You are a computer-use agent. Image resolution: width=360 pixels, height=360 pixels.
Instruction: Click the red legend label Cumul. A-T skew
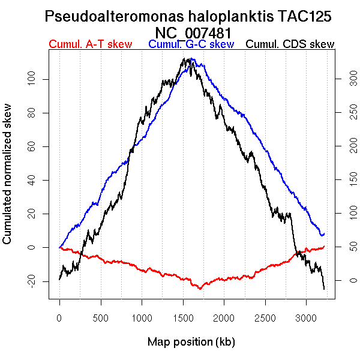tap(90, 44)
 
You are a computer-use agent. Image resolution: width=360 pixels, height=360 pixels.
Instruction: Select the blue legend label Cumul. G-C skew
tap(191, 44)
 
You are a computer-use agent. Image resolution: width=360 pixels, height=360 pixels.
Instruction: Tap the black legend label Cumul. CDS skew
tap(290, 44)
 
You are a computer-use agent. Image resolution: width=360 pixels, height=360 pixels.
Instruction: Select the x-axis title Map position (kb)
tap(191, 342)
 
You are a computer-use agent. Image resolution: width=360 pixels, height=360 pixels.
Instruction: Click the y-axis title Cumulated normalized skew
tap(8, 180)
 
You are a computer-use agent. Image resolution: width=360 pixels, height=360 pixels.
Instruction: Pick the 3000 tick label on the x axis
tap(306, 317)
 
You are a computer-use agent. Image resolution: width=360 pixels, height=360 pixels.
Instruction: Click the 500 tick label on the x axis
tap(101, 317)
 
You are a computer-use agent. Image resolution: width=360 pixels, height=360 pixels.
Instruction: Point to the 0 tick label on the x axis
tap(59, 317)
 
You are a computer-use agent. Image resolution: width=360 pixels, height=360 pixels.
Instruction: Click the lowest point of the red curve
tap(200, 289)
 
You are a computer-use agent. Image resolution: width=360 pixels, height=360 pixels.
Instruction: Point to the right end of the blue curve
tap(324, 233)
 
